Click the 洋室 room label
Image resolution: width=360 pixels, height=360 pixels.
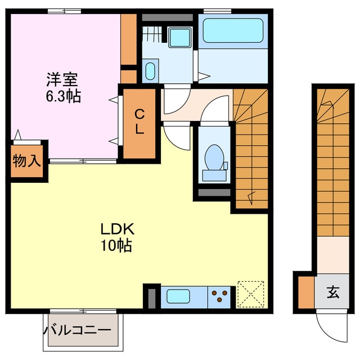pos(62,80)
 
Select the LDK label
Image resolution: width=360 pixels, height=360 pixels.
pos(117,229)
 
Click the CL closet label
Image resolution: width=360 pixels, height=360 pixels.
pos(139,121)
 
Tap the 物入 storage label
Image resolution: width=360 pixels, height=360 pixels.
pos(26,161)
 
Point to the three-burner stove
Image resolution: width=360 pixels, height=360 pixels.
pos(220,296)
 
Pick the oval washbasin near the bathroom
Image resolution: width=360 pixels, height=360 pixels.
pos(150,72)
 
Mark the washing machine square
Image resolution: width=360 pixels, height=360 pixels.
pos(181,37)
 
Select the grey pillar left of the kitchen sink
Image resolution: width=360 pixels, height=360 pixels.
pos(151,297)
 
